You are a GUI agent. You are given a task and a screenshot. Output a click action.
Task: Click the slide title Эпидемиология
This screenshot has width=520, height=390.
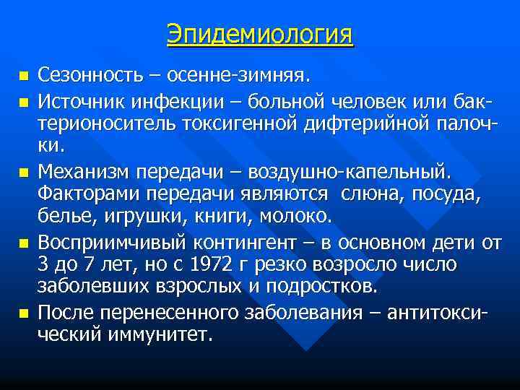pos(260,34)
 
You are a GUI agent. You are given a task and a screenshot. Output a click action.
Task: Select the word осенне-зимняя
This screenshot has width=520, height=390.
pos(251,74)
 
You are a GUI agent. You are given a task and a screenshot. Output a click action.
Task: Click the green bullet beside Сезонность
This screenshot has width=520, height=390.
pos(22,75)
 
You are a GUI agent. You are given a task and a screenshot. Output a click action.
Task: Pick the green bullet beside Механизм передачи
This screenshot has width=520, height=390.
pos(22,173)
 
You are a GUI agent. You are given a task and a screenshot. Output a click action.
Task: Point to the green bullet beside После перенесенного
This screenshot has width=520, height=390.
pos(22,313)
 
